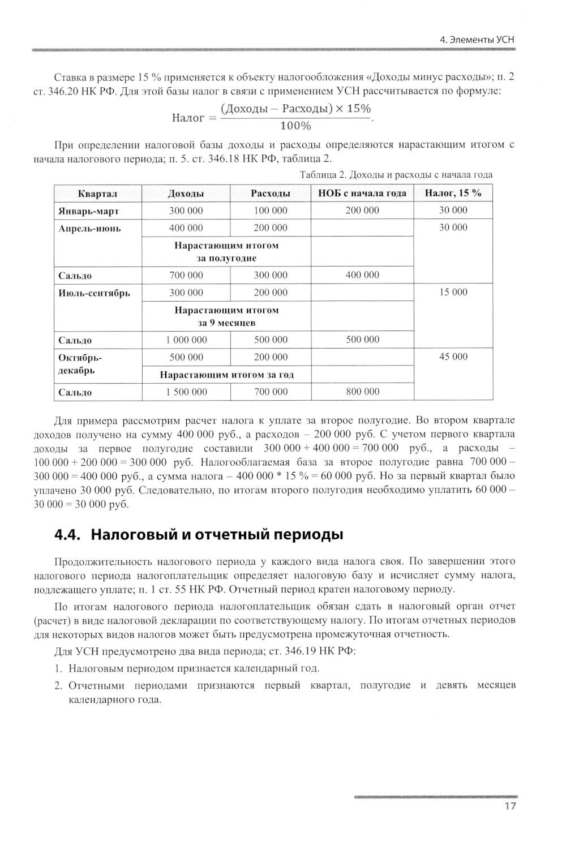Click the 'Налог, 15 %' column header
tap(453, 193)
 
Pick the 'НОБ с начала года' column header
tap(362, 194)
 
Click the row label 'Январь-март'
tap(89, 211)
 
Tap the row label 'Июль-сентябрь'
tap(94, 293)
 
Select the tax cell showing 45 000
tap(453, 357)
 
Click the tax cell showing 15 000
tap(453, 292)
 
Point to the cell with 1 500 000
tap(186, 392)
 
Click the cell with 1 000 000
tap(186, 340)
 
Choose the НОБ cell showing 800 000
tap(362, 392)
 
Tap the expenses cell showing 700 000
tap(271, 392)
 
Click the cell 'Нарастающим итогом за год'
tap(226, 375)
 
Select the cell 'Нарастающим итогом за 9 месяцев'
tap(226, 316)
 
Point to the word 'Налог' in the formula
tap(187, 118)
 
